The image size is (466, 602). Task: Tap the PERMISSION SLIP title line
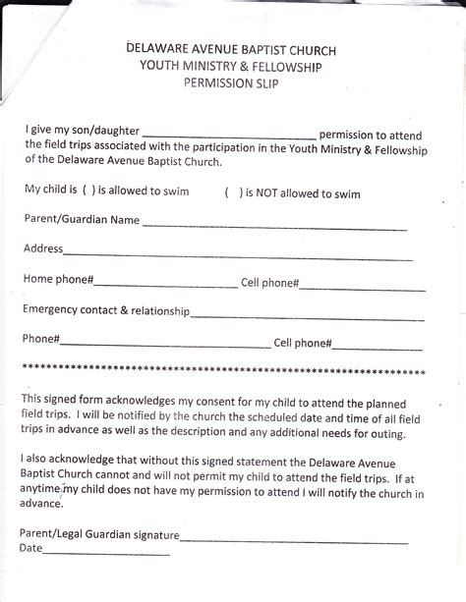232,85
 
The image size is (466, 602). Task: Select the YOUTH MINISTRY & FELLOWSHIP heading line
232,66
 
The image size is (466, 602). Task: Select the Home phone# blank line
165,287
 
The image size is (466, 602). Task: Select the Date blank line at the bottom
106,557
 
